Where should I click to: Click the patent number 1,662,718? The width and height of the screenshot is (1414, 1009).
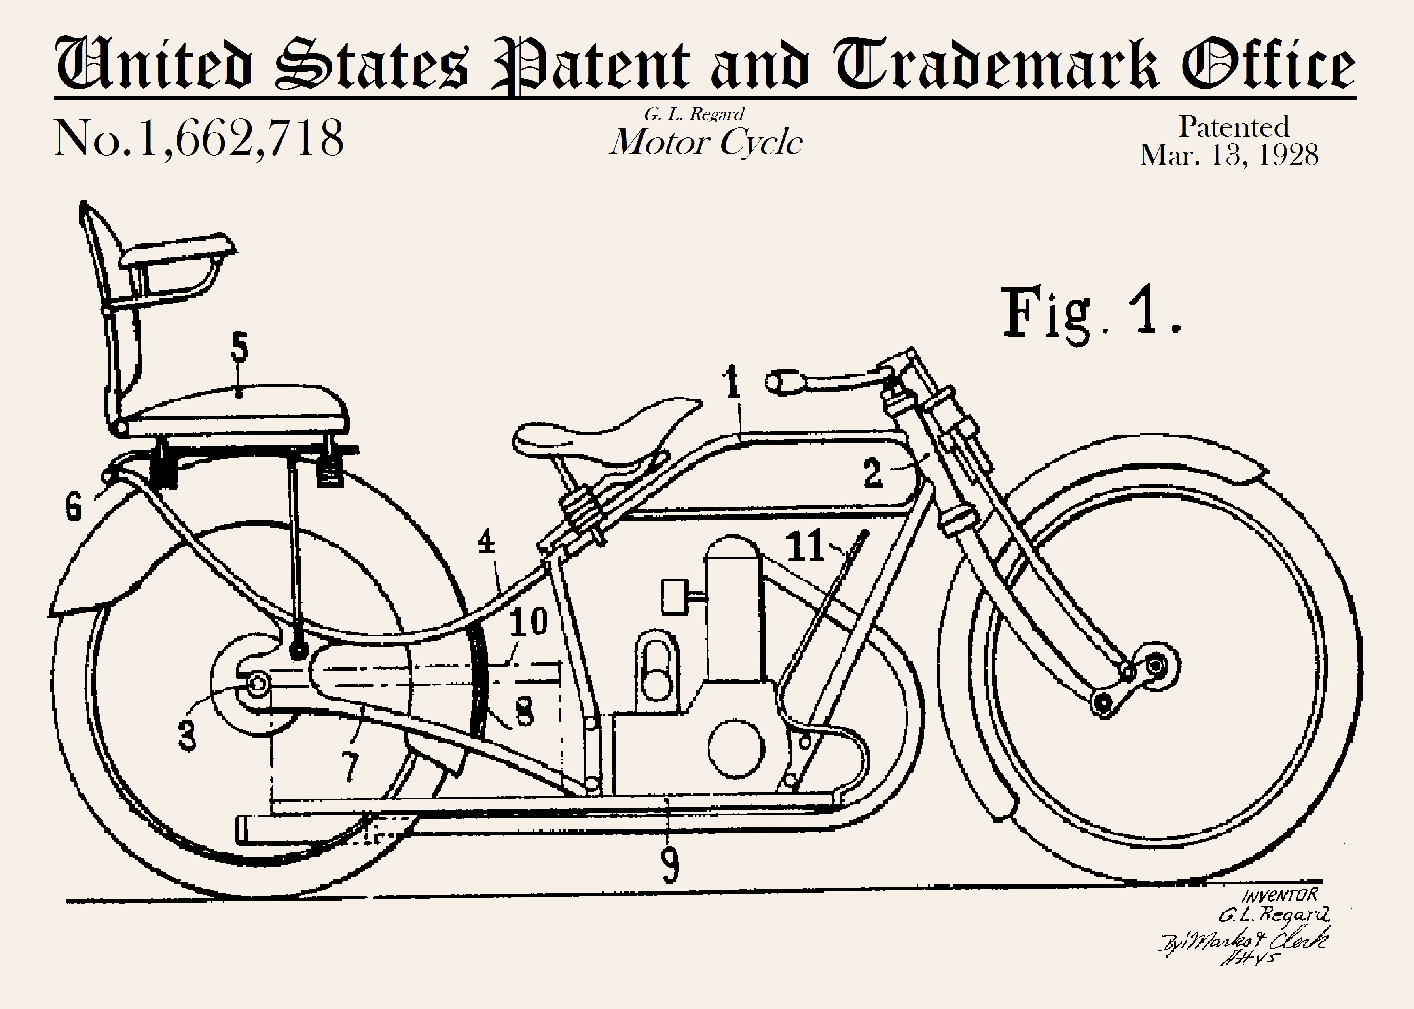point(199,138)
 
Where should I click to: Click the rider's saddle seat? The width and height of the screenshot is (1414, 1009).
point(597,435)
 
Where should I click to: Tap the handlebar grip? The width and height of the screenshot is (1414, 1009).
point(784,382)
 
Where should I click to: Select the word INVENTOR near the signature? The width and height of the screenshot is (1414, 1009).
point(1280,896)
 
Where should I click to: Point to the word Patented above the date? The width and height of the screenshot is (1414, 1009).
point(1234,127)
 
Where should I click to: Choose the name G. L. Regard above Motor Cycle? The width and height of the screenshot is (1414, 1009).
point(694,114)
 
